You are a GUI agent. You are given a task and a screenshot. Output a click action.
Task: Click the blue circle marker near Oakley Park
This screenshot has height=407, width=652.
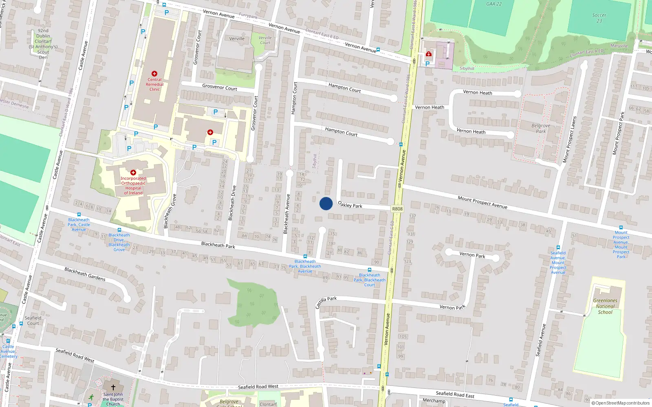click(x=326, y=203)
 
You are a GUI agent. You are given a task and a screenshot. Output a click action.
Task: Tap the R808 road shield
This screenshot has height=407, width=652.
click(x=397, y=209)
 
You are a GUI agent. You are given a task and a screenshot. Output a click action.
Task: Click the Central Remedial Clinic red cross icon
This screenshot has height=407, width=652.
click(x=154, y=74)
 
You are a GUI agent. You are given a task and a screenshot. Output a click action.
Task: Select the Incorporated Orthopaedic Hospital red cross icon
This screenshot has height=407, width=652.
click(x=133, y=173)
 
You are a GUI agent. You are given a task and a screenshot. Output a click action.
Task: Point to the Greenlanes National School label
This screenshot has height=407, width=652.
click(x=605, y=306)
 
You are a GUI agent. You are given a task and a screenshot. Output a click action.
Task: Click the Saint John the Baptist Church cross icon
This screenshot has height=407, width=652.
click(x=113, y=387)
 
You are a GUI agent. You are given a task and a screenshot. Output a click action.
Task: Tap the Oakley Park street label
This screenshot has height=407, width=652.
click(x=350, y=205)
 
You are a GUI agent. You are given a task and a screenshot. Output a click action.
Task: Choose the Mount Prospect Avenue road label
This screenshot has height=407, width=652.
click(x=482, y=202)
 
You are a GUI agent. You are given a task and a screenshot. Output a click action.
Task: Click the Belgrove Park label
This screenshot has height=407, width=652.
click(x=541, y=128)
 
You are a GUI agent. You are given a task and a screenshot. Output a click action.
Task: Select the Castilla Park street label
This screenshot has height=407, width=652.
click(x=326, y=302)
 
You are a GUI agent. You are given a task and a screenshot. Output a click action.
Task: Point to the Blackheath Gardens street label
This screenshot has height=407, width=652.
click(x=85, y=274)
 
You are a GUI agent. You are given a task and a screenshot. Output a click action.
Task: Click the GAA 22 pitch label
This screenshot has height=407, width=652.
click(x=494, y=4)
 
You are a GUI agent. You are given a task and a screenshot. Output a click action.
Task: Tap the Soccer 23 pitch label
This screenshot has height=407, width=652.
click(x=599, y=18)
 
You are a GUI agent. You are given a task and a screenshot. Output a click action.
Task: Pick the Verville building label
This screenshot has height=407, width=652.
click(x=237, y=39)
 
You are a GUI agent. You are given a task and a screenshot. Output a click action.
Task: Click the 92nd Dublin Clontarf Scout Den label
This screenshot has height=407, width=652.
click(x=43, y=44)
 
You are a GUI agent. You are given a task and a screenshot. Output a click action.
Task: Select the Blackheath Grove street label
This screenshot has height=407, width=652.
click(x=170, y=210)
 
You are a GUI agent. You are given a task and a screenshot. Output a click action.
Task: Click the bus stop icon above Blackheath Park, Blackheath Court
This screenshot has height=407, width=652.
click(x=370, y=269)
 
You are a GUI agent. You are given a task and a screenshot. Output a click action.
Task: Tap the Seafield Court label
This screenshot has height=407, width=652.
click(x=33, y=321)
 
